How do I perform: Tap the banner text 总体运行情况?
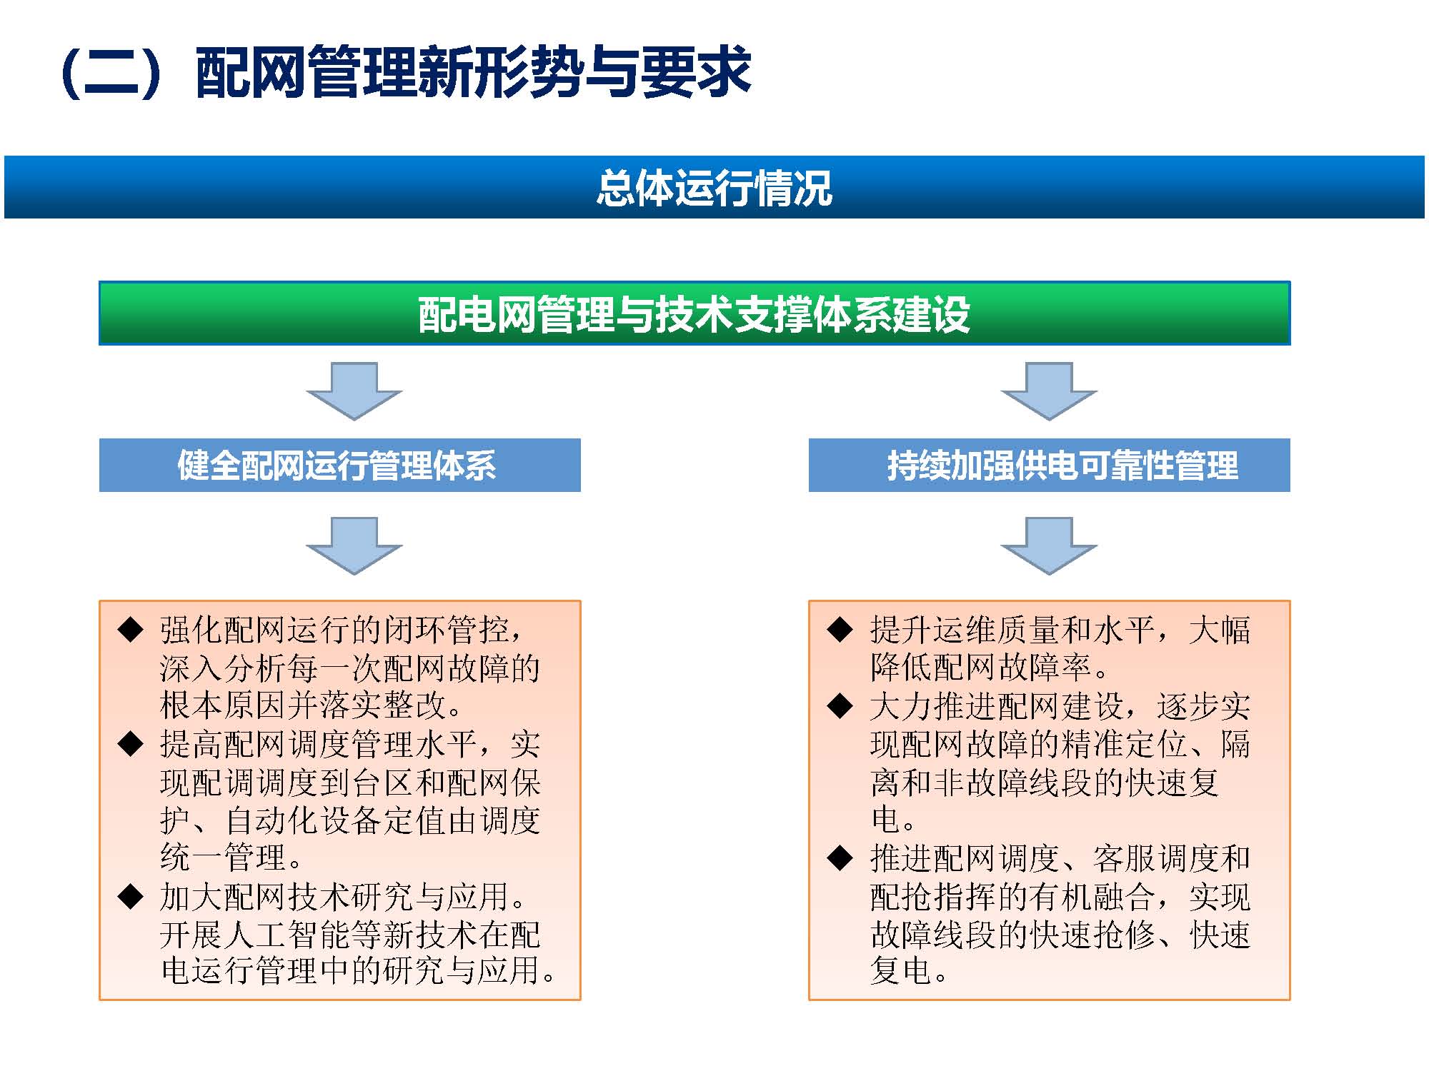[714, 188]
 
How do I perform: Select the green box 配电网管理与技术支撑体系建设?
[694, 313]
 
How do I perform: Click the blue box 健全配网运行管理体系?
[339, 466]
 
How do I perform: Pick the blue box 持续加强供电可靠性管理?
[1049, 466]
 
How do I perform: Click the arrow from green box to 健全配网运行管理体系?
[354, 391]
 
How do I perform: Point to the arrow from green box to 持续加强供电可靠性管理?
[1049, 391]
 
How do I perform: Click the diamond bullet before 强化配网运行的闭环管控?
[131, 630]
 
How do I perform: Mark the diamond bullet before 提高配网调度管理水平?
[131, 744]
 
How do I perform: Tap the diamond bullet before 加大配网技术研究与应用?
[131, 896]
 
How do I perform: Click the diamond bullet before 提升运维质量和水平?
[840, 630]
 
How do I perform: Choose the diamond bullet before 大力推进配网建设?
[840, 706]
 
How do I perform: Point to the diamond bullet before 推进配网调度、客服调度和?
[840, 858]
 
